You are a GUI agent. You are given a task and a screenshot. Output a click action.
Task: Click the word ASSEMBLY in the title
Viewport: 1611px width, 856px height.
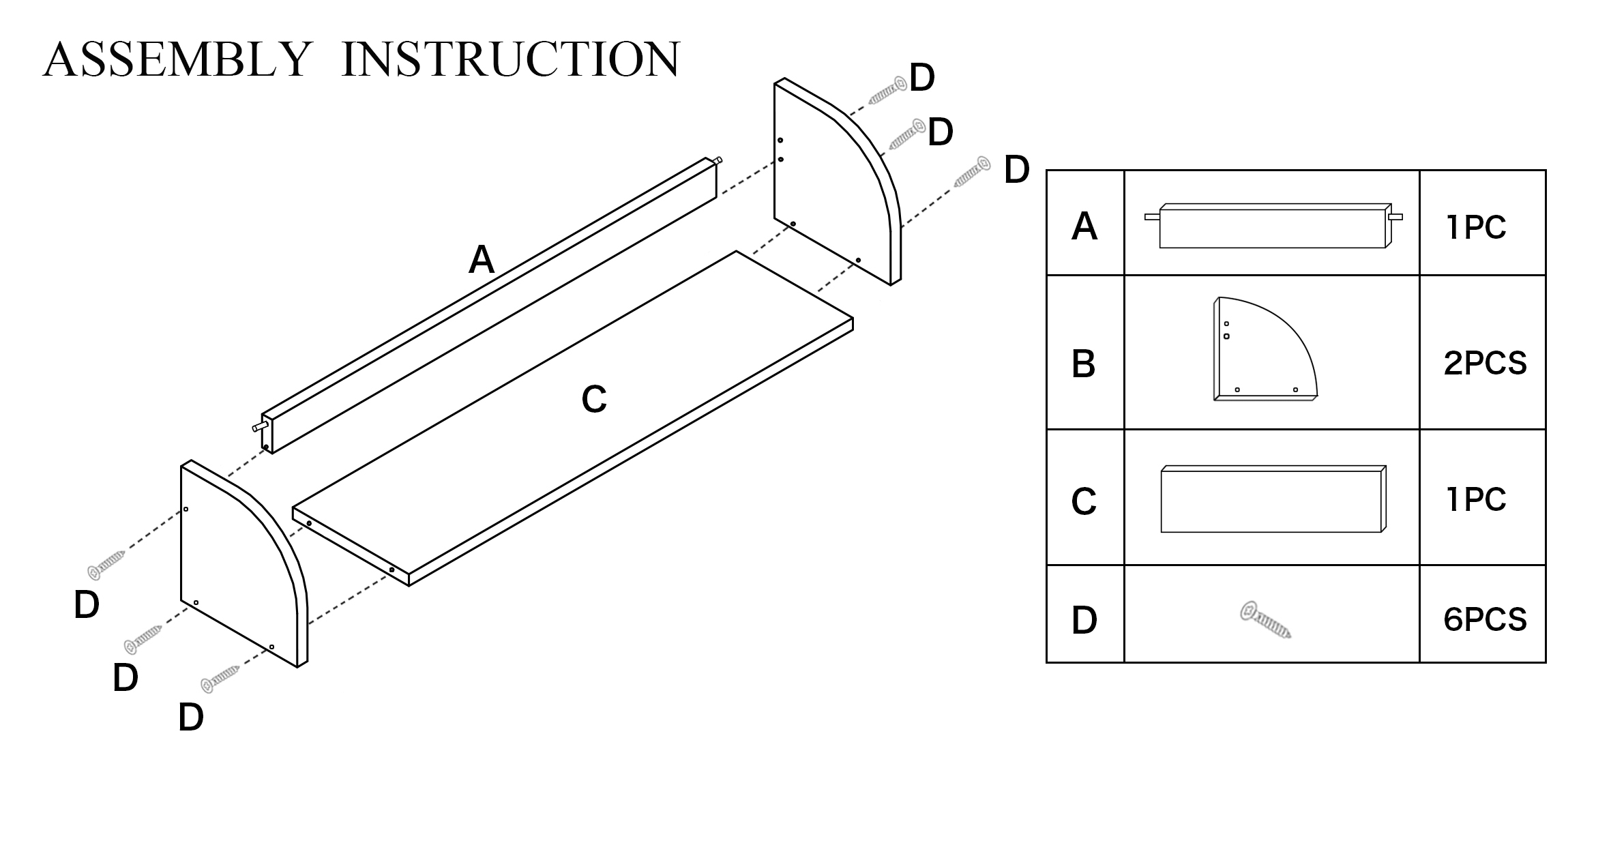click(x=177, y=59)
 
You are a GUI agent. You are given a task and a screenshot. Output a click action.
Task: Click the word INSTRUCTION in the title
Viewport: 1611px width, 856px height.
click(x=510, y=59)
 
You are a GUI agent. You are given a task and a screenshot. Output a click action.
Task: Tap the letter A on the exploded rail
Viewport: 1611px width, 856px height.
click(x=482, y=260)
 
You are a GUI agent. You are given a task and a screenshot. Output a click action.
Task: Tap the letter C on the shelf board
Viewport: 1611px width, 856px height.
click(x=593, y=399)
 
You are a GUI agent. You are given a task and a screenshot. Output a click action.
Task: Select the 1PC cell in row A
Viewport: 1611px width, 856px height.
click(x=1476, y=227)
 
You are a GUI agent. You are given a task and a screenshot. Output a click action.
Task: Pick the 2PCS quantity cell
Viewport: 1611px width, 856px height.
click(x=1485, y=364)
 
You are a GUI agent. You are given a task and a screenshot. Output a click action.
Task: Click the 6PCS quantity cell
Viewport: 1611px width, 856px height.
click(x=1485, y=619)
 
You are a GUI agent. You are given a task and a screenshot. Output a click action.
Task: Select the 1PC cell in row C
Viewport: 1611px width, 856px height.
click(x=1476, y=500)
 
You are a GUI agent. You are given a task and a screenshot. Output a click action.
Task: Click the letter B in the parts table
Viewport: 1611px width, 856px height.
click(x=1084, y=364)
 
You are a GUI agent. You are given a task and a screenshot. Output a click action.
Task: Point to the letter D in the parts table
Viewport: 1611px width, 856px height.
click(x=1084, y=620)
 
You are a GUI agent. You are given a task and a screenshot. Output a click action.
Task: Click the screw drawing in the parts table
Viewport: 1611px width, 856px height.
click(x=1265, y=619)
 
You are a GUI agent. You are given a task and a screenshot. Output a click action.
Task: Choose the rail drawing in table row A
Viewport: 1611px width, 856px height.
click(x=1273, y=226)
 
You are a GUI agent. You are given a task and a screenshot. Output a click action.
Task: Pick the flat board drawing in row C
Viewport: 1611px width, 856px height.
click(x=1273, y=499)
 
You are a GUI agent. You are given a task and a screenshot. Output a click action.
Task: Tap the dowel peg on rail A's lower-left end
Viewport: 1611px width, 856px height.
click(x=258, y=427)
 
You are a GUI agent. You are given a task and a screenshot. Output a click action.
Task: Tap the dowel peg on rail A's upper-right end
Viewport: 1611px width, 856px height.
click(x=717, y=161)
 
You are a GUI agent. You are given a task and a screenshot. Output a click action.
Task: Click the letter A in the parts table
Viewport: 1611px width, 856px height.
click(x=1084, y=226)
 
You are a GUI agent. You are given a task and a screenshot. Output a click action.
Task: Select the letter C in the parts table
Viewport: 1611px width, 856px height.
click(x=1084, y=502)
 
